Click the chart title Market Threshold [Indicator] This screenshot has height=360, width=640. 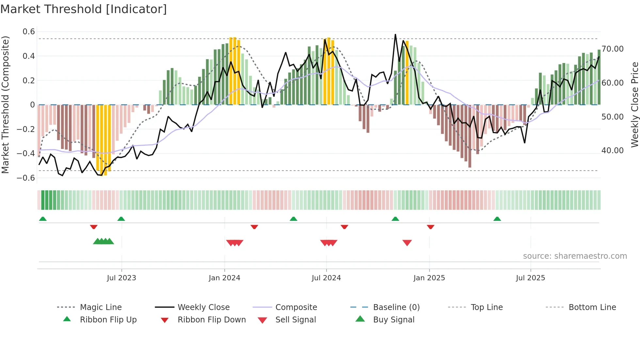coord(84,9)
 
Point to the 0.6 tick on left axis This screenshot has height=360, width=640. coord(28,32)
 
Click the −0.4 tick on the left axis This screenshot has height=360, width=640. coord(26,153)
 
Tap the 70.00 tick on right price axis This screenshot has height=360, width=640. coord(612,49)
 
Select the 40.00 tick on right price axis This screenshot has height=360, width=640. coord(612,151)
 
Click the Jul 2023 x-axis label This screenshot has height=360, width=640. coord(121,278)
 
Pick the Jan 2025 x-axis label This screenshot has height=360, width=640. coord(429,278)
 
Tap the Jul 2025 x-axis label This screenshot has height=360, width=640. coord(530,278)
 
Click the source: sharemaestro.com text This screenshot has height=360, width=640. coord(575,256)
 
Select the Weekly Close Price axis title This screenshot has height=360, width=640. coord(634,105)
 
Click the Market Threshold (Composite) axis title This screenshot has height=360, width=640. coord(5,105)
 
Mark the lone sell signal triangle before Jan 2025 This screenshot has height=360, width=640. coord(407,243)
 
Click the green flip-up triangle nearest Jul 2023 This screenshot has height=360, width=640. coord(121,219)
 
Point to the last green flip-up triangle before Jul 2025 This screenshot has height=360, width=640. coord(497,219)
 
